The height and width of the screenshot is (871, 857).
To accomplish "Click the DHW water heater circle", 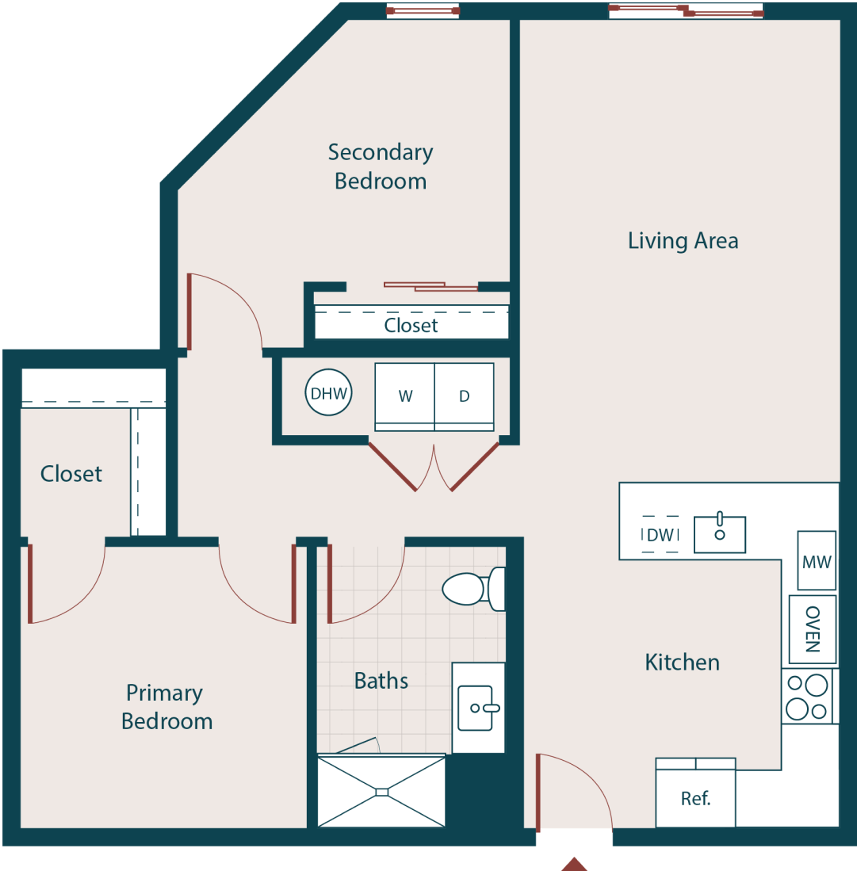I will pos(328,393).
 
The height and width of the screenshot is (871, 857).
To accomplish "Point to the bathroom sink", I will pos(478,707).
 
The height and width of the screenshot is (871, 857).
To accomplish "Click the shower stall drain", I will pos(381,792).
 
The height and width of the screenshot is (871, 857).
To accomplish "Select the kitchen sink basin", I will pos(720,534).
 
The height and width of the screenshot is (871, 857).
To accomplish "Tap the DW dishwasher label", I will pos(660,535).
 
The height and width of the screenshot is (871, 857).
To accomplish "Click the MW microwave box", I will pos(817,561).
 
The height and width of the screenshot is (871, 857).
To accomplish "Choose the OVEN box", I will pos(813,629).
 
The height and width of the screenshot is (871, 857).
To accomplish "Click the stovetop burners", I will pos(806,696).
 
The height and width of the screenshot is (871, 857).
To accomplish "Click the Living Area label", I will pos(683,240).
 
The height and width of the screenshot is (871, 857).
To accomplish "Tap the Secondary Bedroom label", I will pos(381,166).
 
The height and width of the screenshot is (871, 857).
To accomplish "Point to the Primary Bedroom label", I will pos(166,707).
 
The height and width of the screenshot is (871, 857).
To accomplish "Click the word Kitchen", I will pos(682,662).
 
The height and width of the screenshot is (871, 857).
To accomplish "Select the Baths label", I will pos(381,681).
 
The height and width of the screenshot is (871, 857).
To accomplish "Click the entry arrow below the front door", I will pos(575,864).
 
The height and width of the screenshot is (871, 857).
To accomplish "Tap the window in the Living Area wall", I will pos(686,10).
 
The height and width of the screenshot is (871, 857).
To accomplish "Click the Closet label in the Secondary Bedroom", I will pos(411,325).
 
